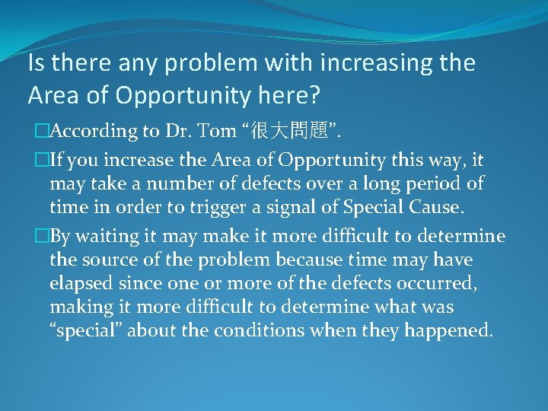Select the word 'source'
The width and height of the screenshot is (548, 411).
[105, 260]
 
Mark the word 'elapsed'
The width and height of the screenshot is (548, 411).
[79, 284]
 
